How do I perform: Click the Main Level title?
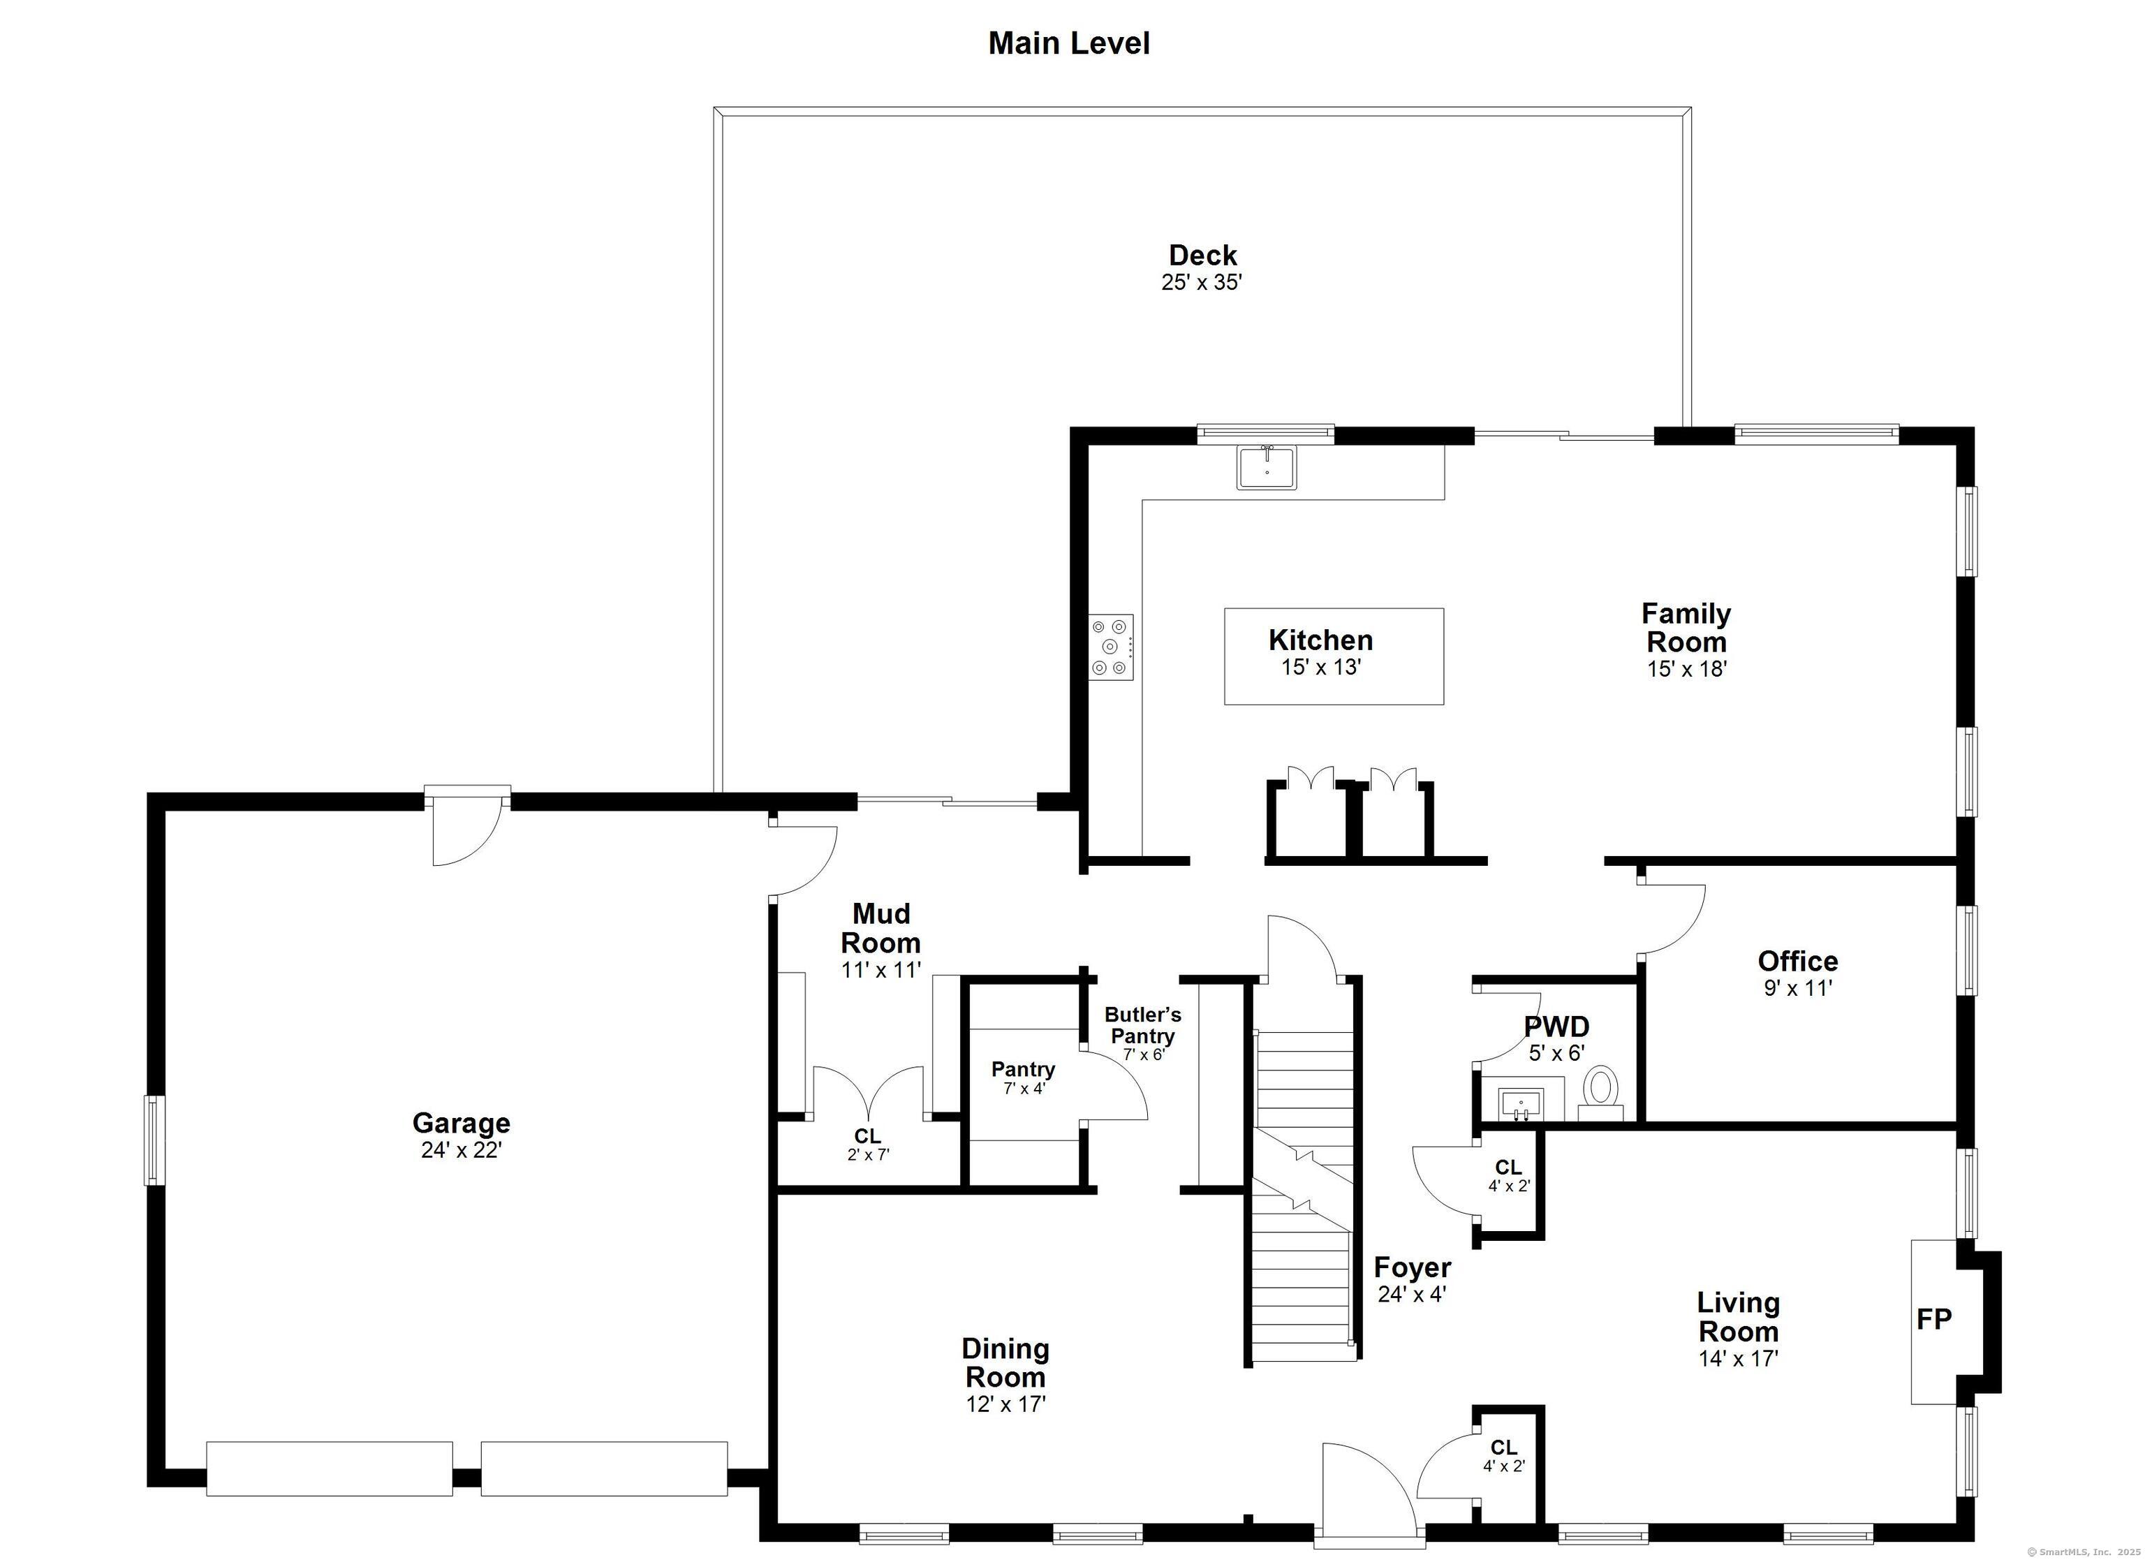[1069, 43]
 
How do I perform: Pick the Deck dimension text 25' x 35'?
[1201, 282]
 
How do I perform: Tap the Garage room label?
[461, 1123]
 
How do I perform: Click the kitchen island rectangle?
[1334, 656]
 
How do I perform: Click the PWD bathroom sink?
[1521, 1104]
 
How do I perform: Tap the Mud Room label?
[880, 928]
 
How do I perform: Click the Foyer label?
[1412, 1267]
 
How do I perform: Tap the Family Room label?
[1686, 627]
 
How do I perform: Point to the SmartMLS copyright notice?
[2086, 1552]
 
